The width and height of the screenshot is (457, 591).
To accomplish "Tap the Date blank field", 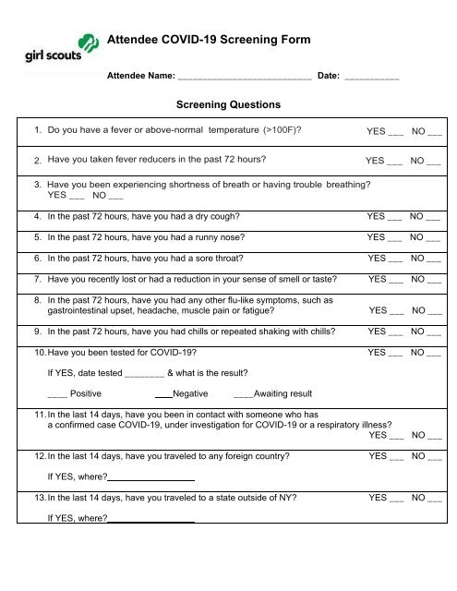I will [371, 80].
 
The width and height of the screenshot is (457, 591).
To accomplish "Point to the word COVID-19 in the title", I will [201, 42].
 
